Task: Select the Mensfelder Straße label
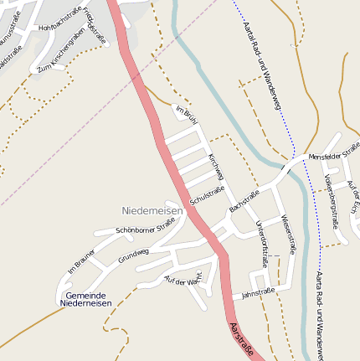333,152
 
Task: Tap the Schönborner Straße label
146,225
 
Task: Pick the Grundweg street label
133,255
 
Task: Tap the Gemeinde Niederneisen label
85,299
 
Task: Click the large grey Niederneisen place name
152,210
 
